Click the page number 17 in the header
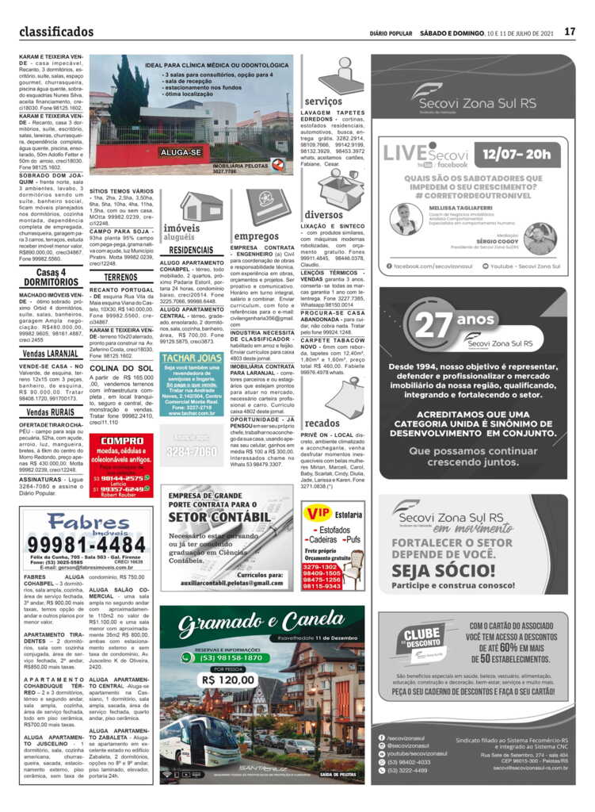[570, 33]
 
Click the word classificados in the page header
[56, 33]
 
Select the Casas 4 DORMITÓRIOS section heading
[51, 278]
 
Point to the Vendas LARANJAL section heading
[51, 353]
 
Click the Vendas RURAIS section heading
[51, 412]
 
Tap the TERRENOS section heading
[120, 278]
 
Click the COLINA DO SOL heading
[122, 369]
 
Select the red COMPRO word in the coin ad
[122, 441]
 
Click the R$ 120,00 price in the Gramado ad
[227, 680]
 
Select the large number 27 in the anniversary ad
[433, 325]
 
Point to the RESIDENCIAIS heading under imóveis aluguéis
[192, 250]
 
